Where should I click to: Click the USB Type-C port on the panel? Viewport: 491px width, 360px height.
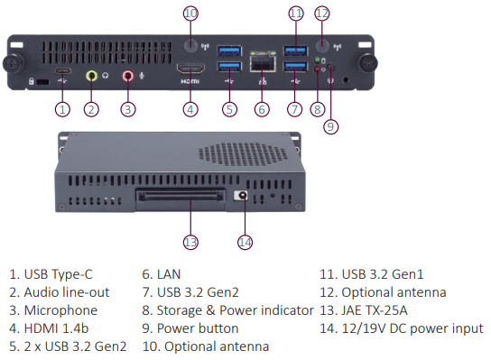click(63, 71)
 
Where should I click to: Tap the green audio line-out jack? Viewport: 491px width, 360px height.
click(91, 76)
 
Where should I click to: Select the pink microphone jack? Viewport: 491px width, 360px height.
click(128, 76)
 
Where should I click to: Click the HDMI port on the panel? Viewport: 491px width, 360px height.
click(190, 69)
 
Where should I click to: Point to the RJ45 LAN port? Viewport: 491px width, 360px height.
click(263, 61)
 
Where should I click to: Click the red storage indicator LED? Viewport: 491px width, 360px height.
click(317, 69)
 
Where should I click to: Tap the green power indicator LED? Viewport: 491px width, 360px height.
click(317, 60)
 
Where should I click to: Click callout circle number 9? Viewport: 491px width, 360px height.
click(330, 126)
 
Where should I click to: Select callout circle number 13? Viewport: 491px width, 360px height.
click(190, 242)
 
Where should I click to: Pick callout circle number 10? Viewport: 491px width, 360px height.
click(190, 14)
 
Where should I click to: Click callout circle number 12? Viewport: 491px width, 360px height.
click(322, 14)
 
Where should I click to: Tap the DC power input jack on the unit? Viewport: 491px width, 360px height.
click(241, 196)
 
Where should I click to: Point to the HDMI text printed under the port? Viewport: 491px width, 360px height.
click(190, 81)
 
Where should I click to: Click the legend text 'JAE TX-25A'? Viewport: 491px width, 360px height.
click(375, 310)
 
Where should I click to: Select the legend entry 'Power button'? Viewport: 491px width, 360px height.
click(198, 328)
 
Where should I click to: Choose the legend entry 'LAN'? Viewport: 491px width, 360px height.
click(169, 274)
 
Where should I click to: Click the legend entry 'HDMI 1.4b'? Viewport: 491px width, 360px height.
click(56, 328)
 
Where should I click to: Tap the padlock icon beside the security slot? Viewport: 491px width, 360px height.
click(32, 81)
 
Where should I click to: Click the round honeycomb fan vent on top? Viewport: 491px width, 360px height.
click(244, 154)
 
